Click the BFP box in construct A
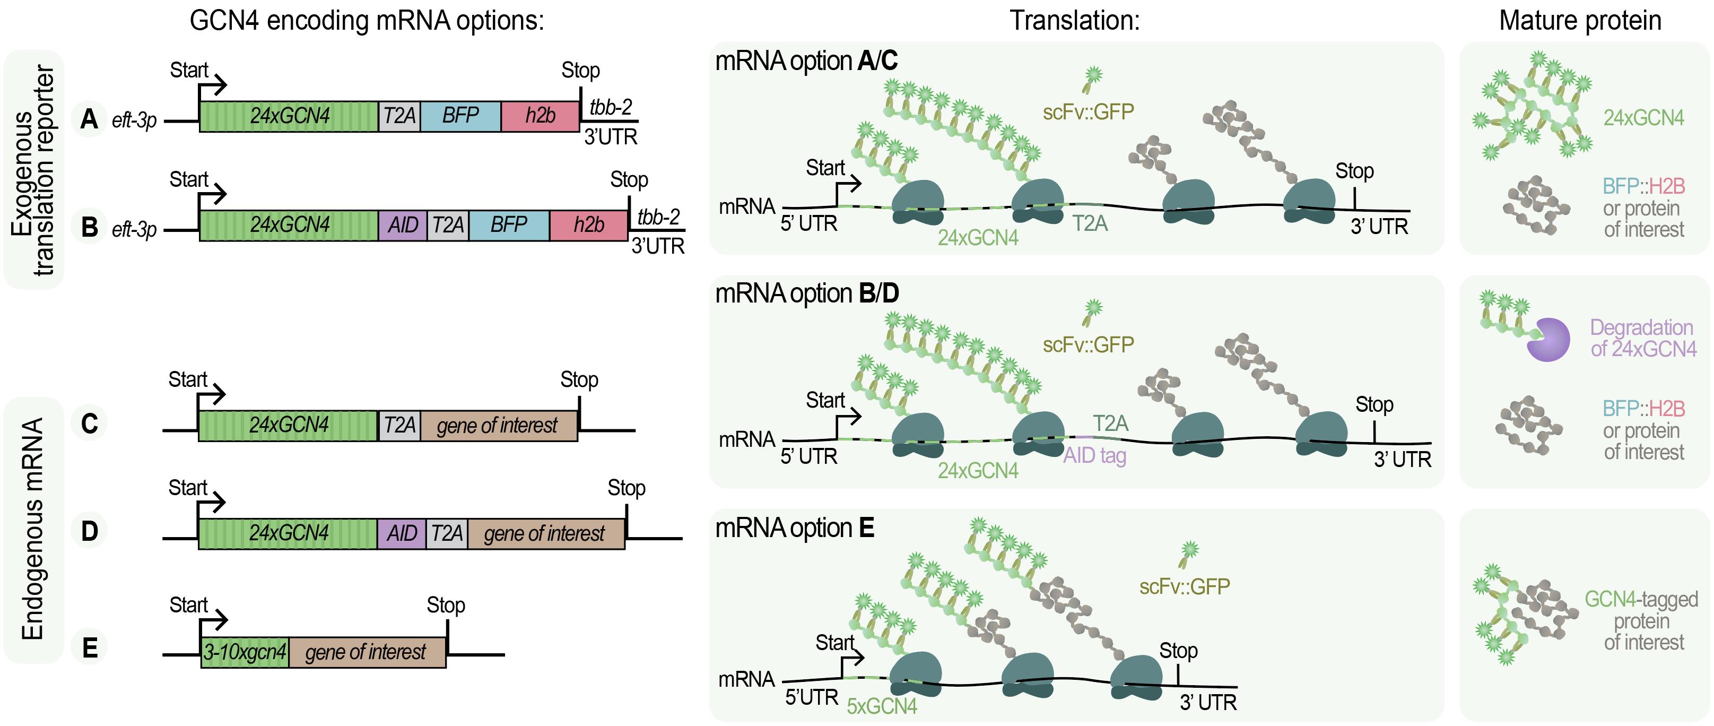[x=460, y=116]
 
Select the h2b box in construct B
[x=589, y=225]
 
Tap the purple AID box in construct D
[x=402, y=534]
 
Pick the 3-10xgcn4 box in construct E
[x=245, y=652]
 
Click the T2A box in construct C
[x=399, y=425]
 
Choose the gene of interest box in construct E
[x=366, y=652]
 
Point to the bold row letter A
[x=89, y=119]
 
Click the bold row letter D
[x=89, y=531]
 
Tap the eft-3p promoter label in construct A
[x=134, y=120]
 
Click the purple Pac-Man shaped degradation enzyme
[x=1548, y=339]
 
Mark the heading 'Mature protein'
[x=1580, y=21]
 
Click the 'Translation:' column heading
[x=1075, y=21]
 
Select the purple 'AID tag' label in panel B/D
[x=1094, y=456]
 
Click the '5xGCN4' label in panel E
[x=882, y=706]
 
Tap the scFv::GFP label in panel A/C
[x=1088, y=112]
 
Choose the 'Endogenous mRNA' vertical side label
[x=32, y=529]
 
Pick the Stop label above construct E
[x=446, y=605]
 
